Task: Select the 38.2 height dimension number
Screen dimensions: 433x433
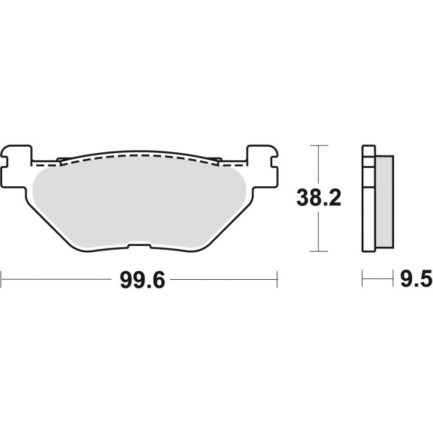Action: coord(319,198)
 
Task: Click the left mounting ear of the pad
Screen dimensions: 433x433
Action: coord(16,166)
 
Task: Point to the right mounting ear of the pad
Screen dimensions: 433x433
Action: coord(263,166)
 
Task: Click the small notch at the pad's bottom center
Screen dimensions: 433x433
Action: coord(139,245)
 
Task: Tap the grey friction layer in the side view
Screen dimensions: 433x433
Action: coord(384,201)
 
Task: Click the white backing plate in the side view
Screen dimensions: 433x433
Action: coord(369,198)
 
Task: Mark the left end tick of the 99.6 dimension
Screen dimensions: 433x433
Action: coord(2,279)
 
